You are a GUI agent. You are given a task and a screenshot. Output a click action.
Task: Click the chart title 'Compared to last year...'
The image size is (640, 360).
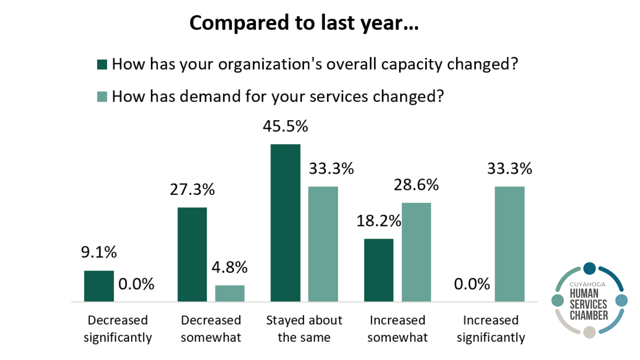tap(304, 23)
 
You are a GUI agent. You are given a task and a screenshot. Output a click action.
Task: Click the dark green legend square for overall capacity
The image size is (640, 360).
tap(102, 64)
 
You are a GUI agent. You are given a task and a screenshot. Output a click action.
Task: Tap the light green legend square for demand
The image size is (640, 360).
tap(102, 97)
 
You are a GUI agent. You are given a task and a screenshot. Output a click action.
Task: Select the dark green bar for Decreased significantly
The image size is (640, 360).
tap(99, 286)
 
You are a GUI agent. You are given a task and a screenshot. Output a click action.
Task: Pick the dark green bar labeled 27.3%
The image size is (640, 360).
tap(192, 255)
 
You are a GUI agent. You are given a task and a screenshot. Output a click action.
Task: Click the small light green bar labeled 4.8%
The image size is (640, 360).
tap(230, 293)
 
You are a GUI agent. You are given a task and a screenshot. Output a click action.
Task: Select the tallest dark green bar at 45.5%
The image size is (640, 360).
tap(285, 223)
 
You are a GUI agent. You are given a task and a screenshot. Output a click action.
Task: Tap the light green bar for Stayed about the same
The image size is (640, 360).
tap(323, 244)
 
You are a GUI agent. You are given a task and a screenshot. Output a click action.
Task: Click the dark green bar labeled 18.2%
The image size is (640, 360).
tap(379, 270)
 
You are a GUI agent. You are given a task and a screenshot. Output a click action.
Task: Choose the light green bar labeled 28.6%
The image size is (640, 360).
tap(416, 252)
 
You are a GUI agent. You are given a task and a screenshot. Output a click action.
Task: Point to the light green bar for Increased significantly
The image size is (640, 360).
tap(510, 244)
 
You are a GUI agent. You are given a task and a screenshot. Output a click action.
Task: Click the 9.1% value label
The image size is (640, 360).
tap(99, 252)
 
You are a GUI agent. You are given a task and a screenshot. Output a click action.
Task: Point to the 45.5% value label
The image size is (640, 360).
tap(285, 126)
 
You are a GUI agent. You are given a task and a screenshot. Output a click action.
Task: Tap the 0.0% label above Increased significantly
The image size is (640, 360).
tap(472, 284)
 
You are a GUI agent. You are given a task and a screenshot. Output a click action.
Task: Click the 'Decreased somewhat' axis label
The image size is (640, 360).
tap(211, 329)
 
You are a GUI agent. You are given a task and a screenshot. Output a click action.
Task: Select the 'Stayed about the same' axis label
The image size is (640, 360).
tap(304, 329)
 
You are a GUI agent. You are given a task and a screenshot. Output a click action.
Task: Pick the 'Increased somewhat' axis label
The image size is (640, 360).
tap(397, 329)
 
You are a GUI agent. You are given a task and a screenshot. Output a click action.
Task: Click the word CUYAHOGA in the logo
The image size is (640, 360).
tap(587, 284)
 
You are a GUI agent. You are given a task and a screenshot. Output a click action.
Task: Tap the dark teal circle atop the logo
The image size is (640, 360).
tap(589, 268)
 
